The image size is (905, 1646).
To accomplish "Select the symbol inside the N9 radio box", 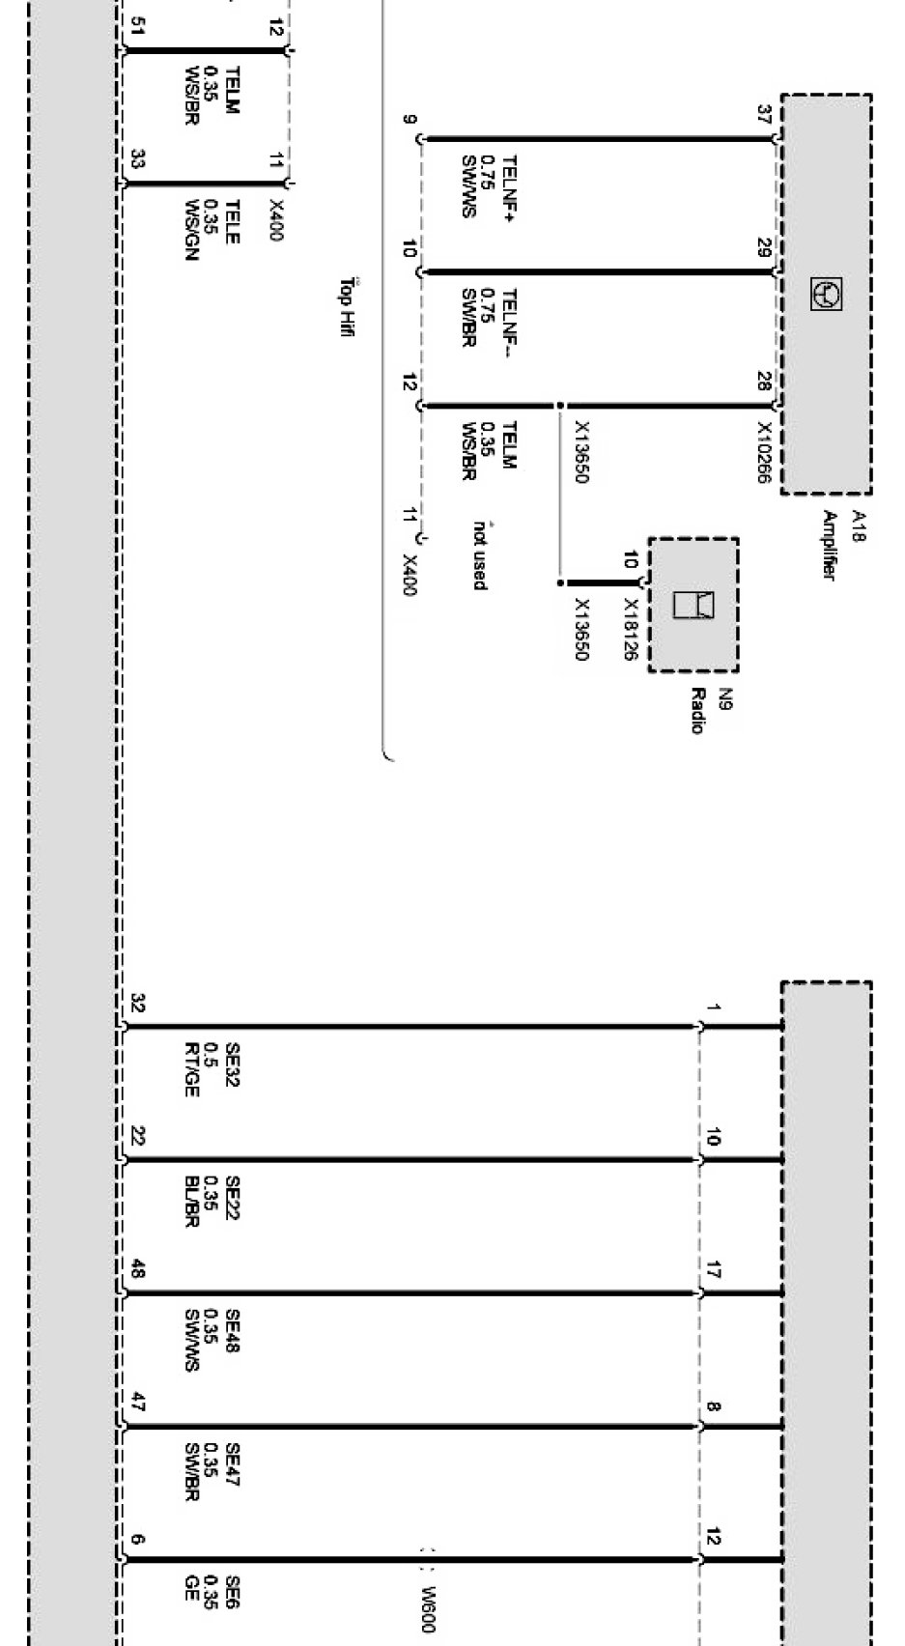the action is pos(693,605).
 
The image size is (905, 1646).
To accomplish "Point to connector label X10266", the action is pos(765,453).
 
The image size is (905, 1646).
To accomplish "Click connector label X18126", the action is pos(630,629).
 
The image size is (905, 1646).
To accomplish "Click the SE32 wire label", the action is pos(232,1064).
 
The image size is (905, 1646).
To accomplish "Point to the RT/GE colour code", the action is pos(191,1069).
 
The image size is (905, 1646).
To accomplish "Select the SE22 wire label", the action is pos(232,1198).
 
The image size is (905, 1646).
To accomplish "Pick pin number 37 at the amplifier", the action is pos(764,115).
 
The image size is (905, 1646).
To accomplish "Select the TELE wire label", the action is pos(232,221).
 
